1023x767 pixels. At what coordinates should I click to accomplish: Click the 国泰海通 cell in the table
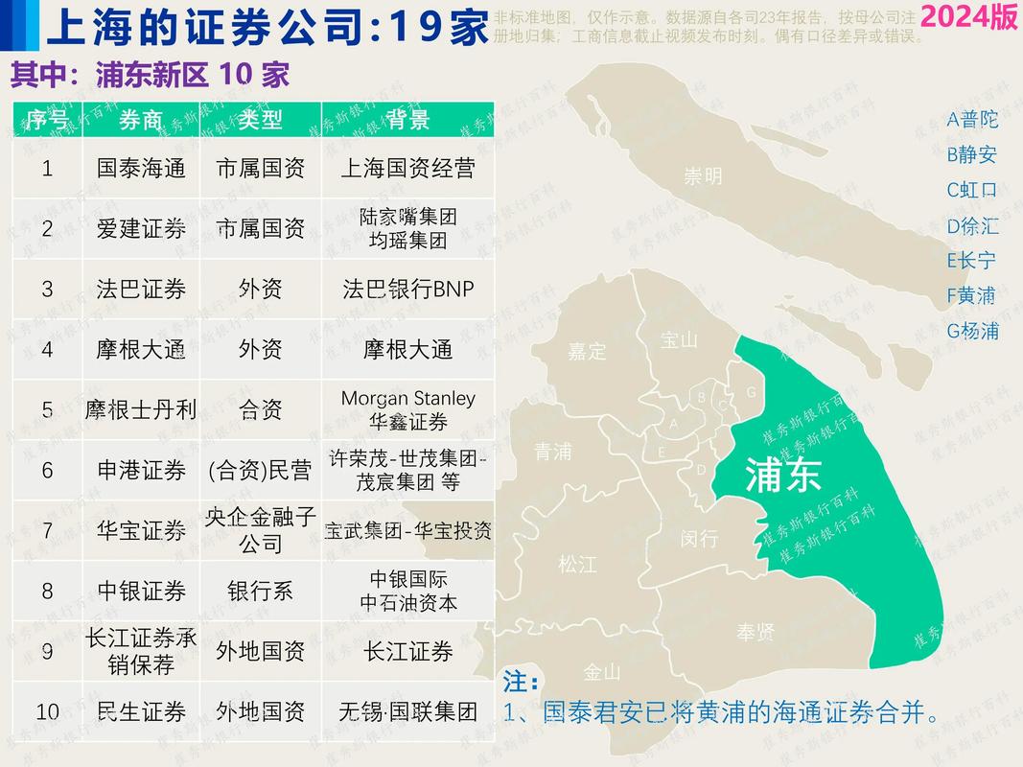(141, 169)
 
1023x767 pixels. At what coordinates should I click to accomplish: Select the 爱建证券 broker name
(141, 229)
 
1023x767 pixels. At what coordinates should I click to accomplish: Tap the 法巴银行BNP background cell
(408, 289)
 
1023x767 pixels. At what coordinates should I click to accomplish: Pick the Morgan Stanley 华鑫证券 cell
(408, 409)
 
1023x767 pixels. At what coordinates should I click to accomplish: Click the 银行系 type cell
(261, 591)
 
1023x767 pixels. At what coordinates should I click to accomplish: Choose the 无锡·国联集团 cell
(408, 711)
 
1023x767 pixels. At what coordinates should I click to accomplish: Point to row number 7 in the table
(47, 530)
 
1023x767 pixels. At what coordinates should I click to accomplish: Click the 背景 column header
(408, 119)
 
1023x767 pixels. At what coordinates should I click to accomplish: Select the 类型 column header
(261, 119)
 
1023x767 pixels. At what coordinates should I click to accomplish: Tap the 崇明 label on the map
(703, 176)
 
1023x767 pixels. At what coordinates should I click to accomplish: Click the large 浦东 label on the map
(783, 475)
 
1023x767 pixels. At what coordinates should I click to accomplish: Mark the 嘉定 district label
(587, 351)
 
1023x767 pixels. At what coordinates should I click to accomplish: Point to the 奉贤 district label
(756, 632)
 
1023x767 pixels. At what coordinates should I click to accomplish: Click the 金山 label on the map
(602, 672)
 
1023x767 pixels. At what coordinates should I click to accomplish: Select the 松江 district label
(577, 565)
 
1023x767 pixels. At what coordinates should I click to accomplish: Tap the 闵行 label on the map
(699, 539)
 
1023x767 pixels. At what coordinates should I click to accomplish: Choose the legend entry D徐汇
(972, 226)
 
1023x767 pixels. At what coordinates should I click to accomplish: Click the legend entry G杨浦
(972, 331)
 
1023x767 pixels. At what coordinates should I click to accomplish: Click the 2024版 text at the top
(968, 18)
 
